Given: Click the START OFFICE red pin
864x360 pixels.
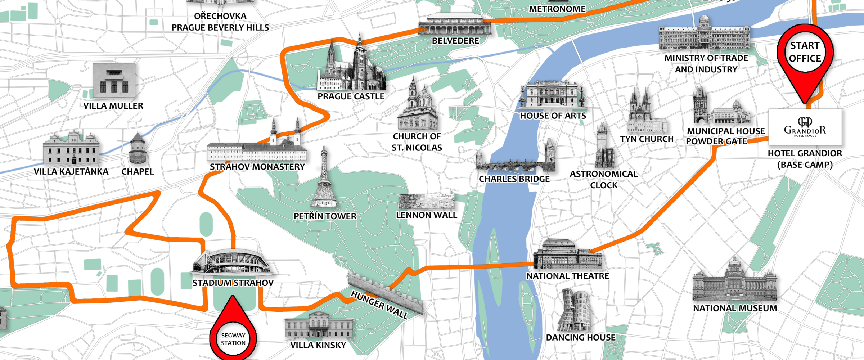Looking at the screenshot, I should [805, 54].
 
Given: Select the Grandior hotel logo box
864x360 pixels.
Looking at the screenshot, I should [805, 127].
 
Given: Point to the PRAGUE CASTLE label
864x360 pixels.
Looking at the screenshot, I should [351, 96].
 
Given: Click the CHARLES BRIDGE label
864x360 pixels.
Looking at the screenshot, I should [514, 179].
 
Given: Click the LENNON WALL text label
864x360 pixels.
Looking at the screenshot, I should [426, 215].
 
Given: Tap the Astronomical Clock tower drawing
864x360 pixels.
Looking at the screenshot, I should [603, 148].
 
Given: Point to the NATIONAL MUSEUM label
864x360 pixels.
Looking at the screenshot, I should [735, 309].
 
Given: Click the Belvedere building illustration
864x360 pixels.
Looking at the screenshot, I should [454, 24].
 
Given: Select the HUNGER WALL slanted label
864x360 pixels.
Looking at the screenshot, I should [379, 305].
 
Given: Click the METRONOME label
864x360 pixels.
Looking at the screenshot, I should [557, 9].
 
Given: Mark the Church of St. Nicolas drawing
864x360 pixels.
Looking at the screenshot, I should [418, 106].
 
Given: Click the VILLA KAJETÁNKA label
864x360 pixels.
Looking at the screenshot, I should [71, 172].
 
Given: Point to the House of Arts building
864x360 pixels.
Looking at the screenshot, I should [552, 94].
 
